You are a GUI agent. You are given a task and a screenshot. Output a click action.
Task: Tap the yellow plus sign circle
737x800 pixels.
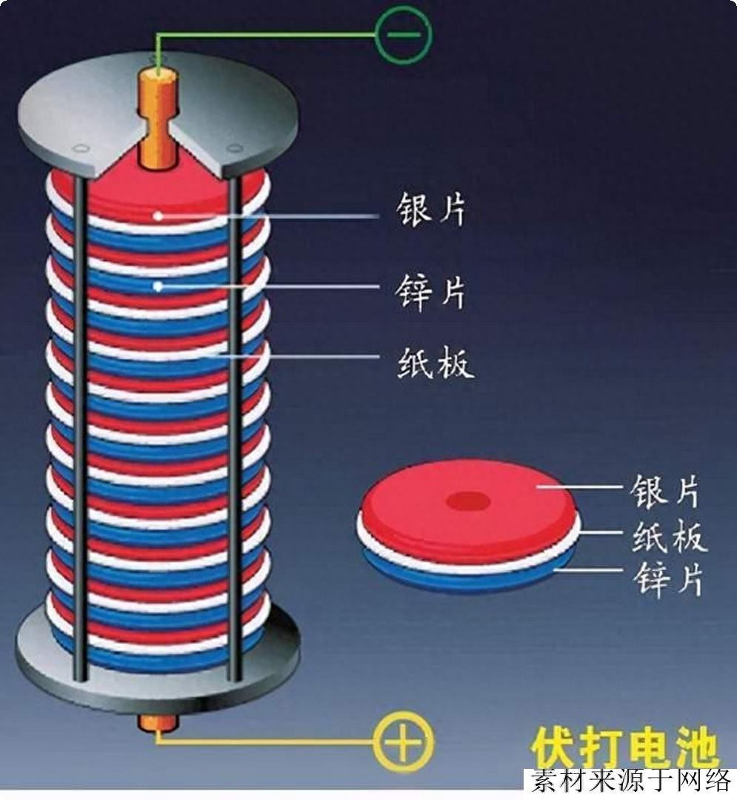click(402, 741)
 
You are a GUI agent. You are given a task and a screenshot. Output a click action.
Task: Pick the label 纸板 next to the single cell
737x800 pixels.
click(669, 537)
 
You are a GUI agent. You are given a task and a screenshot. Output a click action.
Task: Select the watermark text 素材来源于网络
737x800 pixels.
click(630, 782)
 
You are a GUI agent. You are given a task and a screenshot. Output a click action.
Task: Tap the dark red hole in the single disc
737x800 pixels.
click(468, 501)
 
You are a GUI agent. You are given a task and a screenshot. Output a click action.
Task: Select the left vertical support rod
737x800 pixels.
click(80, 430)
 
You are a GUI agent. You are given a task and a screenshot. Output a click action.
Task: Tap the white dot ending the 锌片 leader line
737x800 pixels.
click(158, 285)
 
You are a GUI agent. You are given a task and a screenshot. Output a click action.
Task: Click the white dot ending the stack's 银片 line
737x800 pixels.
click(158, 216)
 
